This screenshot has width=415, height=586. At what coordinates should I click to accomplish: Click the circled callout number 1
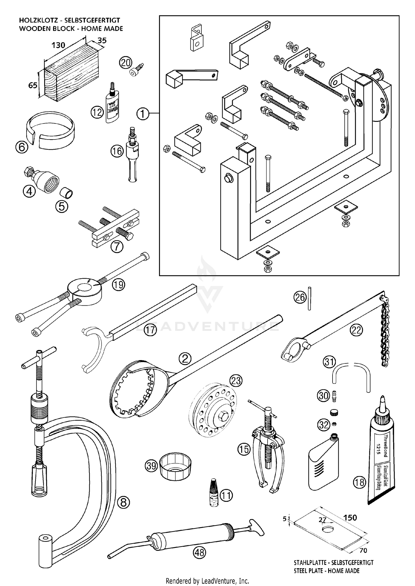click(143, 113)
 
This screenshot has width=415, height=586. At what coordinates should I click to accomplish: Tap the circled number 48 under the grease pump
click(199, 553)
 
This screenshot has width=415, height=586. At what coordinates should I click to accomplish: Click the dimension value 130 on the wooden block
click(58, 45)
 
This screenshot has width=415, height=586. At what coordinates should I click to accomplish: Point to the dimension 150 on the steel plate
click(350, 518)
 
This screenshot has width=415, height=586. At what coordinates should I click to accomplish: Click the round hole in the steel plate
click(328, 529)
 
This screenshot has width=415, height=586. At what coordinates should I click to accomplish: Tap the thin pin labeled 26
click(310, 298)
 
